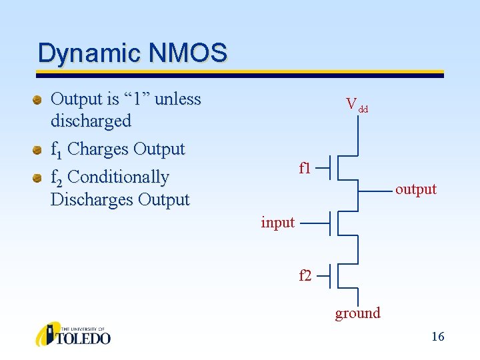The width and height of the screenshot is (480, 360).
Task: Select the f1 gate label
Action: [x=305, y=168]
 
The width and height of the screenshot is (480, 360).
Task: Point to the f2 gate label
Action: [x=305, y=275]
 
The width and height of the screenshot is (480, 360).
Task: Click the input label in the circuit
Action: [x=277, y=222]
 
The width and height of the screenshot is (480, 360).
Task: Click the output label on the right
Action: [x=415, y=189]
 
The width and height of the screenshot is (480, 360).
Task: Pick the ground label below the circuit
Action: [x=357, y=313]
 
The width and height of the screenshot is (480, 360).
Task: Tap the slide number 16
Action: [x=437, y=337]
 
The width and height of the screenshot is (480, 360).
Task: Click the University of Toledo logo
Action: [x=73, y=334]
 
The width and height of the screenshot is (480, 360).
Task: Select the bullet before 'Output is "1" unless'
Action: [x=38, y=100]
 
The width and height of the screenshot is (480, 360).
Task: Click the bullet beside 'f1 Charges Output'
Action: [x=38, y=149]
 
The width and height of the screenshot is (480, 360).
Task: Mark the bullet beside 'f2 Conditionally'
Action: [x=38, y=177]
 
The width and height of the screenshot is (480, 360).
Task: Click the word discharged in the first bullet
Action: [x=91, y=121]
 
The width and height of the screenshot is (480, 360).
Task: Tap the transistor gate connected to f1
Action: [x=331, y=169]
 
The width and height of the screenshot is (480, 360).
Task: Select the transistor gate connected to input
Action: [x=331, y=223]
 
